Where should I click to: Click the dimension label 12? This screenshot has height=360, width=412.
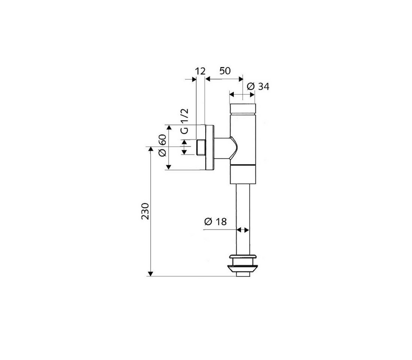coord(200,71)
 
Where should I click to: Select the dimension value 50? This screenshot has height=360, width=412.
coord(225,71)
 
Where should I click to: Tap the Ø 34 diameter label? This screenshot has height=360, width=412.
coord(258,86)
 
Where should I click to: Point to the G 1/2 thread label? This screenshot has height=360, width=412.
coord(185,121)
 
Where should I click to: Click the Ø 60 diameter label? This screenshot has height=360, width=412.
coord(163,145)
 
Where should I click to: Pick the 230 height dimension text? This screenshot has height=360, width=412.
coord(145,211)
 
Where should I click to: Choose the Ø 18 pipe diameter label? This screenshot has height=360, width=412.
coord(215,222)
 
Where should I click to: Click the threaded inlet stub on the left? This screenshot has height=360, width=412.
coord(201,148)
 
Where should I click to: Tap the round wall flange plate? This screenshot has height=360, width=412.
coord(209,147)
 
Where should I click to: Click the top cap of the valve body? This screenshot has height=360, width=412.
coord(243,108)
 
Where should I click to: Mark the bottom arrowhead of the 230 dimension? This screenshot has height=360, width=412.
coord(151,274)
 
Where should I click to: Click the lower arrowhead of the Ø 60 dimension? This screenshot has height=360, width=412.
coord(169,167)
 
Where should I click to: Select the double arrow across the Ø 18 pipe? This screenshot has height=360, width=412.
coord(243,230)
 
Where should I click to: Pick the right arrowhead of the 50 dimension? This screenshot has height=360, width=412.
coord(240,79)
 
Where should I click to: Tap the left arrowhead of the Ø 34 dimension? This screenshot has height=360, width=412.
coord(232,94)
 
